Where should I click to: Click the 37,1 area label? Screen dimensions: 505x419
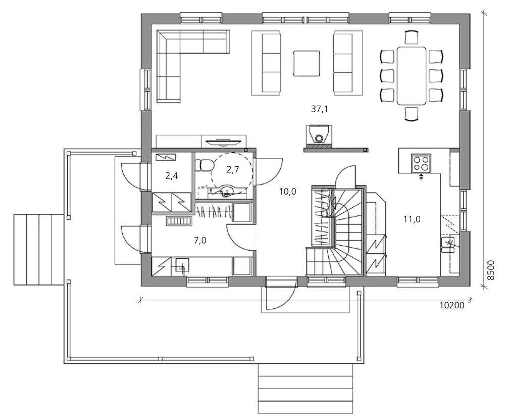[320, 109]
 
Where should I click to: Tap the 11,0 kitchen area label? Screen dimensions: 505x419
[412, 219]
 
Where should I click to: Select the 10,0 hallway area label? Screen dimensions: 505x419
[288, 192]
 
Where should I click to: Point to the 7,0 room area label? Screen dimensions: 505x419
[200, 241]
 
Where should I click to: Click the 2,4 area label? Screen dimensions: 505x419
[172, 176]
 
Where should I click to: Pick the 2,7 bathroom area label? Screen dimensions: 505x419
[233, 169]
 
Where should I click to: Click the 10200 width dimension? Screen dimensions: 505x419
[452, 305]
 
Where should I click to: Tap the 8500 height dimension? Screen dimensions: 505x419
[490, 270]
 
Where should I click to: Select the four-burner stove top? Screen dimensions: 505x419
[421, 163]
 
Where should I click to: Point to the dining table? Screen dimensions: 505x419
[412, 76]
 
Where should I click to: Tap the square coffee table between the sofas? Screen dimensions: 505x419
[307, 64]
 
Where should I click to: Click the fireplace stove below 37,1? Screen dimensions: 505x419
[319, 134]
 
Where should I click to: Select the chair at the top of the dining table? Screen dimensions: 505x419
[412, 37]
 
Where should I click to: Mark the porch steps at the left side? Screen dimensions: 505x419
[39, 250]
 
